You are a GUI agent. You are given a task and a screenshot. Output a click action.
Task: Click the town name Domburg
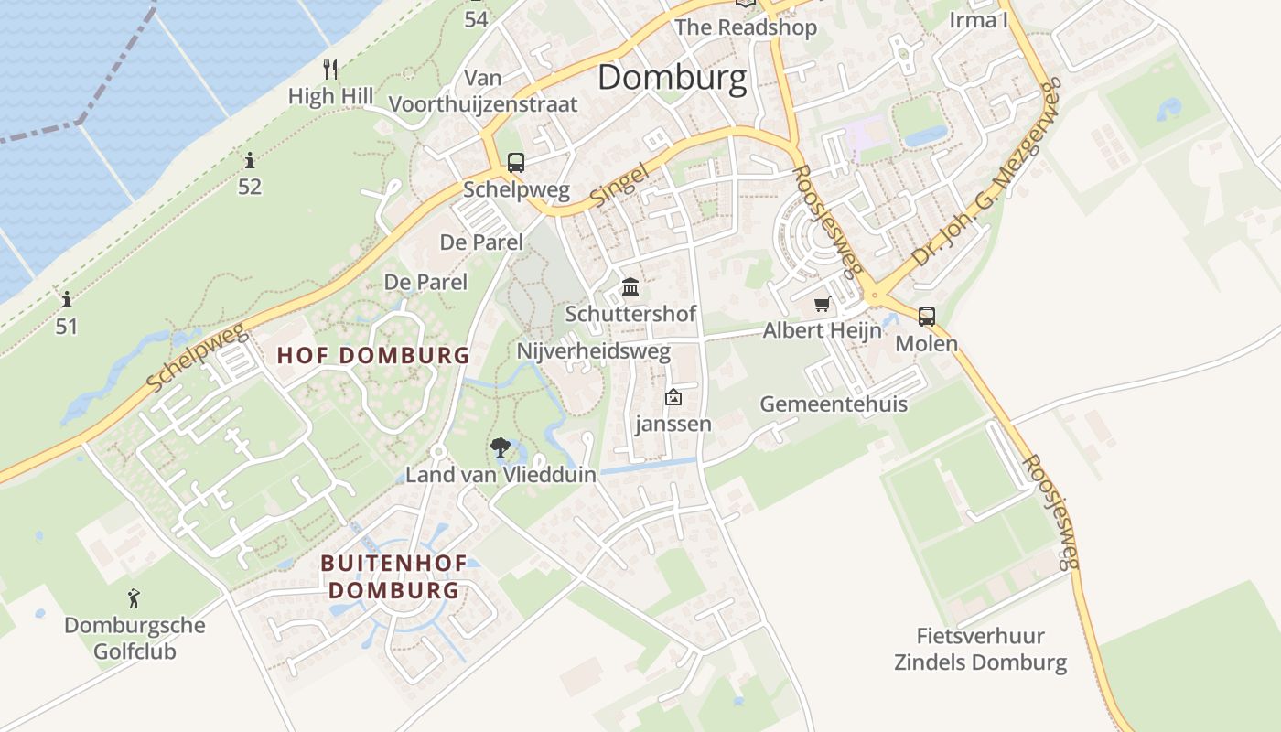[673, 78]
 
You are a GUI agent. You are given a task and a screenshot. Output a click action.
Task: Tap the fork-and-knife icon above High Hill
[331, 69]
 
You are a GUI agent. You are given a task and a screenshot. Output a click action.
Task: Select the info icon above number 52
[249, 161]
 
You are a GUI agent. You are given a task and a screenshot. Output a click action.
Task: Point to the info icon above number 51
[66, 299]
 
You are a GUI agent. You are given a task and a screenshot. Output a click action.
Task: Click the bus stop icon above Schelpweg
[516, 163]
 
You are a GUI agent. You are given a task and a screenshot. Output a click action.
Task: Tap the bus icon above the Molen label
[927, 317]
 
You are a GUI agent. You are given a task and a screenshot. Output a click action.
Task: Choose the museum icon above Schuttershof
[630, 287]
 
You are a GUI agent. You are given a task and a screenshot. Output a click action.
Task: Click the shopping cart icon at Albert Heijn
[822, 304]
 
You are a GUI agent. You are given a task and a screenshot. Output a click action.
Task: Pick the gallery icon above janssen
[673, 397]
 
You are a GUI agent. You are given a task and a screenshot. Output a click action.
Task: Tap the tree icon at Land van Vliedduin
[500, 447]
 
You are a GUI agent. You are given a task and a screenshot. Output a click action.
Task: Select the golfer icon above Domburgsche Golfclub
[135, 598]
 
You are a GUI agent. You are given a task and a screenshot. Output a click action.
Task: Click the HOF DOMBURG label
[373, 356]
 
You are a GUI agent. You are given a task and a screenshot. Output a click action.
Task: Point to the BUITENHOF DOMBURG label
[393, 577]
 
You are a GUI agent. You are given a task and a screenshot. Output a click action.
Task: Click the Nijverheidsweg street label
[594, 351]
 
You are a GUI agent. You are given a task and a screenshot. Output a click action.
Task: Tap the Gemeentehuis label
[834, 404]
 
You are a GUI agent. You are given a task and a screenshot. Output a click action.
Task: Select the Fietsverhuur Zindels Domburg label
[981, 649]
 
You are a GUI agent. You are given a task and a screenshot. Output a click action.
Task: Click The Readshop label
[746, 27]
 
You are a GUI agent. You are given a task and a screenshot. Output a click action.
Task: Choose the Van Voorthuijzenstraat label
[483, 91]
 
